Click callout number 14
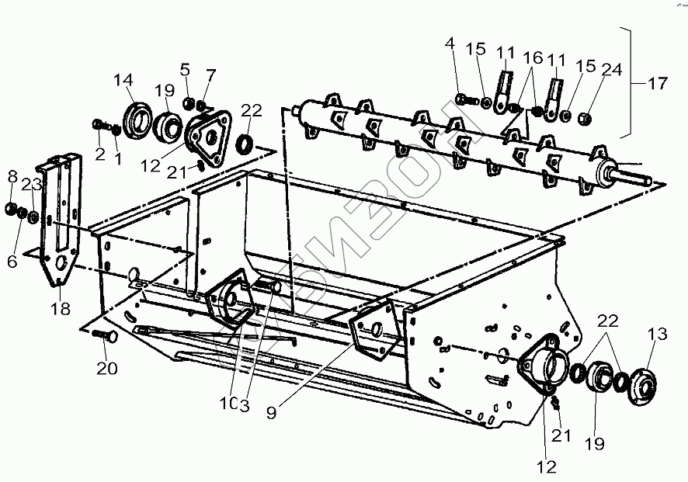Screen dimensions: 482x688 pos(123,80)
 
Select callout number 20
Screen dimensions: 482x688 pos(107,368)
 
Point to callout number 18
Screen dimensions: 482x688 pos(61,308)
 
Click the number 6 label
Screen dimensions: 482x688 pos(12,262)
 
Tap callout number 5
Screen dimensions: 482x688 pos(185,70)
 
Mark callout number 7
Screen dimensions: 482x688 pos(211,74)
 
